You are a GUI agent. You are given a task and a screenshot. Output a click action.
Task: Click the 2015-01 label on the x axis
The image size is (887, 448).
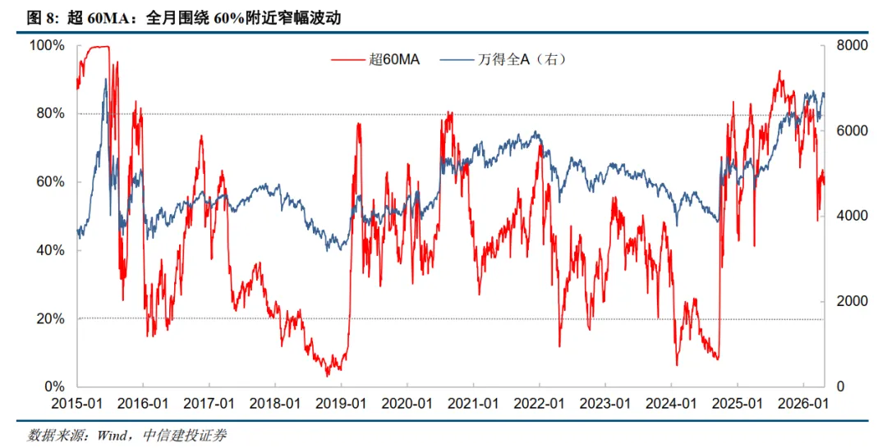pyautogui.click(x=77, y=404)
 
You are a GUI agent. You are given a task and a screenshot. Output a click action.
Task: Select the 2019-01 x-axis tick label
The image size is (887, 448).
pyautogui.click(x=341, y=404)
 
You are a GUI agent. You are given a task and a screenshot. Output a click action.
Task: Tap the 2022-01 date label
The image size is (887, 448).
pyautogui.click(x=539, y=404)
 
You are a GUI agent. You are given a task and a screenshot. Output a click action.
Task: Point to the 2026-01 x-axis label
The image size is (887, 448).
pyautogui.click(x=803, y=404)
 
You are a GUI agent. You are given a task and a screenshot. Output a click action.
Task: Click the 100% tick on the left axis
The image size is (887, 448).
pyautogui.click(x=47, y=46)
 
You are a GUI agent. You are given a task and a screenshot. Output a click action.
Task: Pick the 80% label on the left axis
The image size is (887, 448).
pyautogui.click(x=50, y=114)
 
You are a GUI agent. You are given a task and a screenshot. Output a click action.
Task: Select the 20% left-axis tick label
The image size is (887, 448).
pyautogui.click(x=50, y=319)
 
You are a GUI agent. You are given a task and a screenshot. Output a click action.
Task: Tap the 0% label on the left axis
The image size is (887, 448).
pyautogui.click(x=54, y=387)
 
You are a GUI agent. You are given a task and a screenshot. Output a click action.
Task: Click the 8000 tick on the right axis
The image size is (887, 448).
pyautogui.click(x=852, y=46)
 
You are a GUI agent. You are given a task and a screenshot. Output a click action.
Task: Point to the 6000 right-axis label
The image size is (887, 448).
pyautogui.click(x=852, y=131)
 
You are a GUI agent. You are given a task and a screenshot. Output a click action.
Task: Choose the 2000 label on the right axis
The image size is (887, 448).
pyautogui.click(x=852, y=302)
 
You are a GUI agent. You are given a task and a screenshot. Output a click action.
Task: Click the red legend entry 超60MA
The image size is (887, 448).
pyautogui.click(x=375, y=59)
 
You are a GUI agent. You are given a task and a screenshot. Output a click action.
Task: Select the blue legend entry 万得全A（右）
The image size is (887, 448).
pyautogui.click(x=503, y=59)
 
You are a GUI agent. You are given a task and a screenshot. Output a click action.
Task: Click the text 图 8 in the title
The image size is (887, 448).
pyautogui.click(x=43, y=18)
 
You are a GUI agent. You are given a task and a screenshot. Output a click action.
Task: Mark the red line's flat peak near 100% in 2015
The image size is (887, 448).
pyautogui.click(x=96, y=47)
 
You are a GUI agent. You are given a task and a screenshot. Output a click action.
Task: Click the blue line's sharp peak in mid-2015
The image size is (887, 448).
pyautogui.click(x=105, y=80)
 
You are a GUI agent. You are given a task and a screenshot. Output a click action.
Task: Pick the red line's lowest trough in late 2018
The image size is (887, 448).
pyautogui.click(x=327, y=375)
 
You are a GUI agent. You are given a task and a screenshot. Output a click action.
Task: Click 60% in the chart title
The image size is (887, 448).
pyautogui.click(x=228, y=18)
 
